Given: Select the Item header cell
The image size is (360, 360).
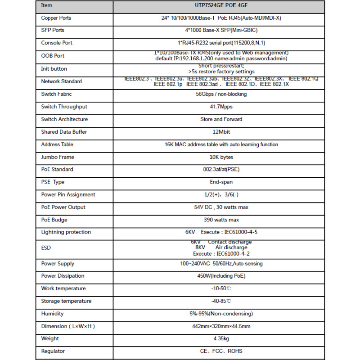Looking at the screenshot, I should pyautogui.click(x=47, y=6).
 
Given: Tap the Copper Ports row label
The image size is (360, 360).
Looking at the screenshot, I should pyautogui.click(x=56, y=18).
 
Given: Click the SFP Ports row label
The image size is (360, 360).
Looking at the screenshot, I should pyautogui.click(x=53, y=30).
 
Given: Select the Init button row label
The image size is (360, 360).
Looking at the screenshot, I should pyautogui.click(x=54, y=69).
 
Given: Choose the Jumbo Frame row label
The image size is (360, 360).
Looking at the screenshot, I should pyautogui.click(x=58, y=157).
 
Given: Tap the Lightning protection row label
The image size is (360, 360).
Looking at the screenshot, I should pyautogui.click(x=66, y=232).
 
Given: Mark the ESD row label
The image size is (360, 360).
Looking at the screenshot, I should pyautogui.click(x=46, y=248).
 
